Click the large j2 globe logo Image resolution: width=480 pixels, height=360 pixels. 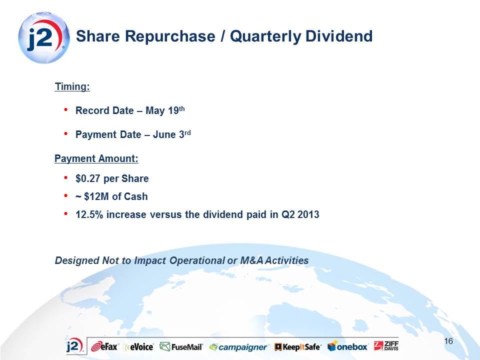click(x=44, y=37)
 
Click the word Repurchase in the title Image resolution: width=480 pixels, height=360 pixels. click(x=170, y=36)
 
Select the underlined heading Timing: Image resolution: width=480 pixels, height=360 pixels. click(x=72, y=86)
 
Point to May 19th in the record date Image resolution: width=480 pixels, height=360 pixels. click(x=165, y=110)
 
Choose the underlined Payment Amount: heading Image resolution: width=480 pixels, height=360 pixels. click(x=96, y=158)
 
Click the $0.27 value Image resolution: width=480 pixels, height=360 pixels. click(x=88, y=178)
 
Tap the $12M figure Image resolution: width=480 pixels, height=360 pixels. click(x=96, y=196)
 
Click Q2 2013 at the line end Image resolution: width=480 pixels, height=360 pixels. click(x=300, y=214)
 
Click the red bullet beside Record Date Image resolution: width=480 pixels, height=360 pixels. click(x=66, y=109)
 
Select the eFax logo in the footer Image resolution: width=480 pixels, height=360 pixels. click(x=104, y=347)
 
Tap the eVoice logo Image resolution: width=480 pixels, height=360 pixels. click(x=138, y=347)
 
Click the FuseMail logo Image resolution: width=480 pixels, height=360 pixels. click(x=181, y=347)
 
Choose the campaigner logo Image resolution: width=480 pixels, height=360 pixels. click(x=238, y=347)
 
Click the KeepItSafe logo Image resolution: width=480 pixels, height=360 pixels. click(x=298, y=347)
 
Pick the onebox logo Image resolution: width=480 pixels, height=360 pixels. click(x=348, y=346)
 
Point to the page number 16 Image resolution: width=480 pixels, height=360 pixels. click(x=448, y=341)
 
